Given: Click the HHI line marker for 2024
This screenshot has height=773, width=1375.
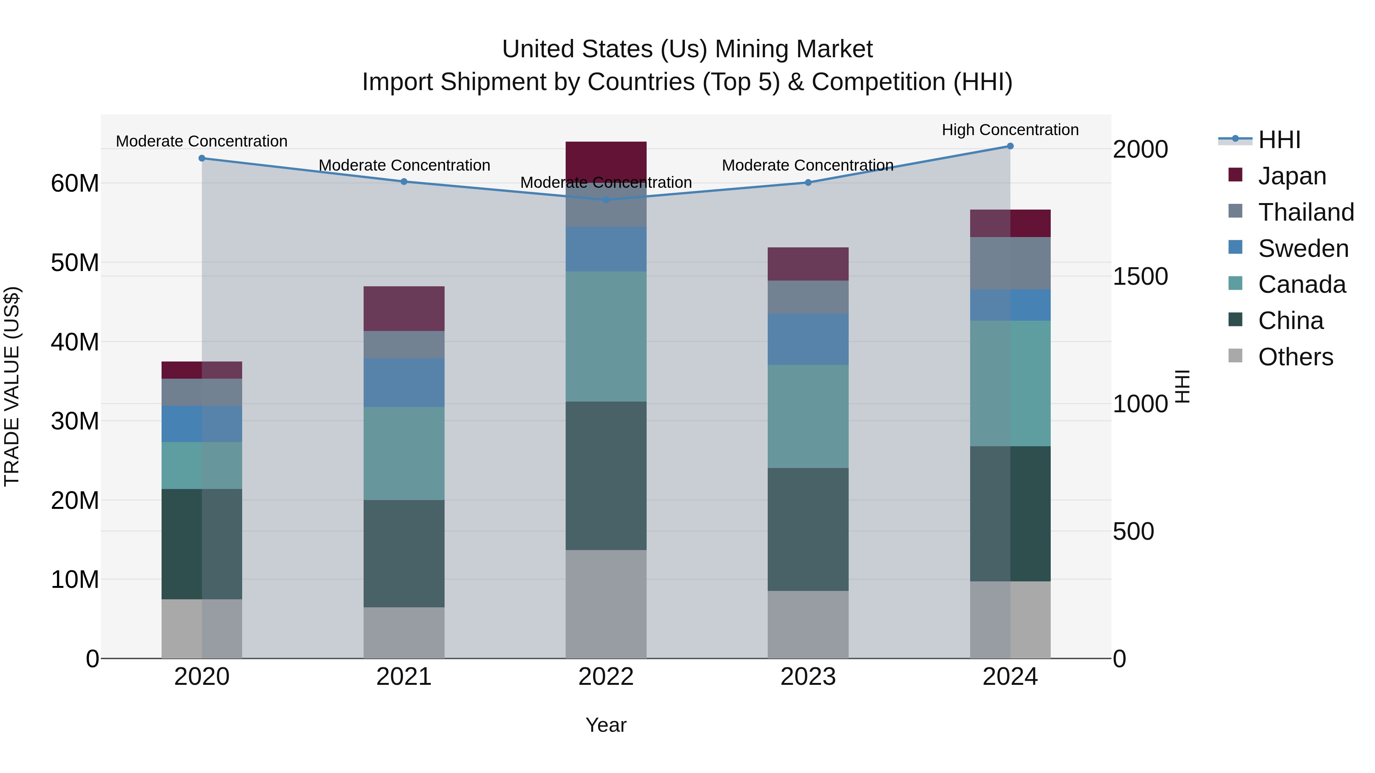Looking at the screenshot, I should click(x=1010, y=146).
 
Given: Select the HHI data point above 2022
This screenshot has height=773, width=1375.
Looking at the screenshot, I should click(x=606, y=200).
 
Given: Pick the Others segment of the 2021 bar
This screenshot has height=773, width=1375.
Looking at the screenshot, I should click(x=404, y=633).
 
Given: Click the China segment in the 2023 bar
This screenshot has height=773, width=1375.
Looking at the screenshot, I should click(x=807, y=529).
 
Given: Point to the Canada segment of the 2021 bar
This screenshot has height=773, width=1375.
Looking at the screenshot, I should click(x=404, y=453).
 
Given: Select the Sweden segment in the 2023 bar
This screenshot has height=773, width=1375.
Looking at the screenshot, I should click(x=807, y=339).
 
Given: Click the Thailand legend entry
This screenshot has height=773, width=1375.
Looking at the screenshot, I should click(x=1305, y=212).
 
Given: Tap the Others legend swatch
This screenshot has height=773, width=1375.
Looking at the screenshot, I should click(x=1235, y=356).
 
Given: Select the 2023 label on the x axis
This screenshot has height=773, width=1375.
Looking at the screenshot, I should click(x=807, y=677).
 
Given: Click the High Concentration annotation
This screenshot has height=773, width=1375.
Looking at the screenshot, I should click(x=1010, y=130).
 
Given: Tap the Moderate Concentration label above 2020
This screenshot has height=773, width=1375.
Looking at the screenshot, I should click(x=201, y=141).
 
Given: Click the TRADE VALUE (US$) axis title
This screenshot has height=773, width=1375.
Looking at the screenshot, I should click(x=12, y=386).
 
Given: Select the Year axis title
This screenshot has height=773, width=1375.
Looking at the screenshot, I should click(x=606, y=725).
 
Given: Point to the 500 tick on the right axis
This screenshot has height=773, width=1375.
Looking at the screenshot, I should click(x=1133, y=531).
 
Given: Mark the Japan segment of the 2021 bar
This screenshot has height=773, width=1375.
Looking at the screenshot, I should click(x=404, y=308).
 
